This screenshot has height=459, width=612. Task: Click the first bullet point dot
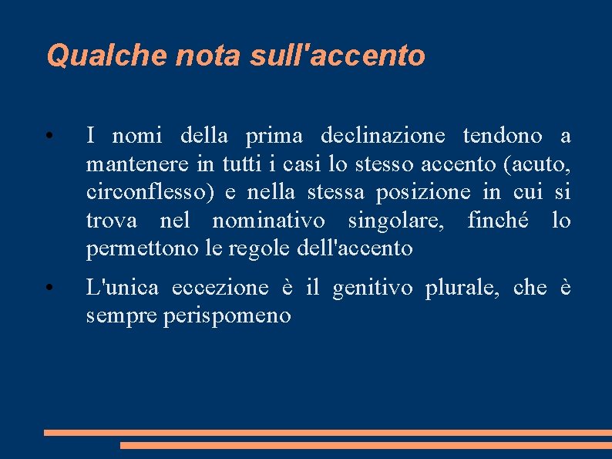[48, 137]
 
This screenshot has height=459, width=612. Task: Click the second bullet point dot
[48, 289]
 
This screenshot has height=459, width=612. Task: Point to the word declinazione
[382, 137]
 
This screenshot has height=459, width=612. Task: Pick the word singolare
[396, 221]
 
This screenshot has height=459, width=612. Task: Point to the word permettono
[140, 248]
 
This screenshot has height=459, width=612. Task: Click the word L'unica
[123, 288]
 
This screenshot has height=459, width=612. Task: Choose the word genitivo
[379, 288]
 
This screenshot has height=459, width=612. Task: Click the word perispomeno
[227, 316]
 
